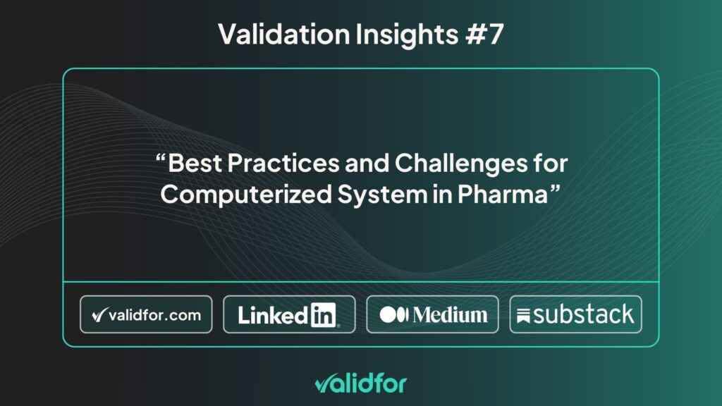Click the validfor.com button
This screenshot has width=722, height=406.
click(146, 314)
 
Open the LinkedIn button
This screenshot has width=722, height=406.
click(289, 314)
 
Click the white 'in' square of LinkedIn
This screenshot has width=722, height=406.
click(324, 315)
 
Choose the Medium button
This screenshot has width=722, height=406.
click(432, 314)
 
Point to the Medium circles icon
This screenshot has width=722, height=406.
click(393, 315)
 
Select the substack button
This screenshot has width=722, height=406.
click(575, 314)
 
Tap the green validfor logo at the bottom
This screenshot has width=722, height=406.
click(360, 383)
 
